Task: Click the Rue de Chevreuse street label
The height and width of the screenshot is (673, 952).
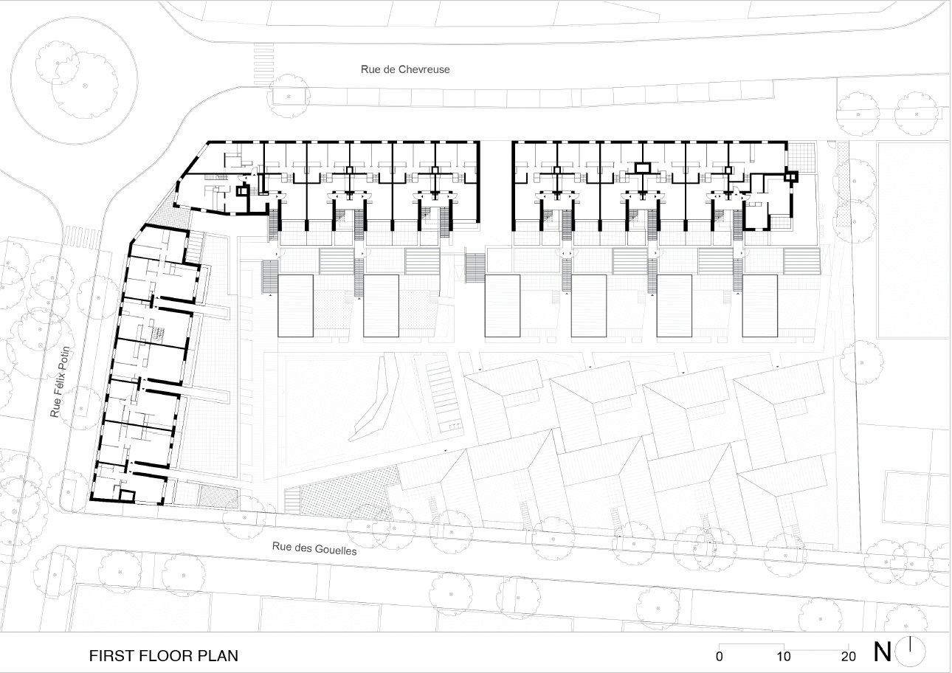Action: pyautogui.click(x=405, y=69)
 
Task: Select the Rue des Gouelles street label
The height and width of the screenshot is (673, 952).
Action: pyautogui.click(x=314, y=548)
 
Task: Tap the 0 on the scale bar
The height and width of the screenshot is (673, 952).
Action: pyautogui.click(x=719, y=657)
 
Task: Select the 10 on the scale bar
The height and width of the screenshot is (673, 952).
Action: pyautogui.click(x=784, y=657)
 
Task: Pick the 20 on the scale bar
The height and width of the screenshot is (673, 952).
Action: pyautogui.click(x=848, y=657)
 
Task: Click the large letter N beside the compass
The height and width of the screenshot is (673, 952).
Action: pyautogui.click(x=883, y=652)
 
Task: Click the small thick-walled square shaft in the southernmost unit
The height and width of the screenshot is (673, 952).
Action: pyautogui.click(x=127, y=496)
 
